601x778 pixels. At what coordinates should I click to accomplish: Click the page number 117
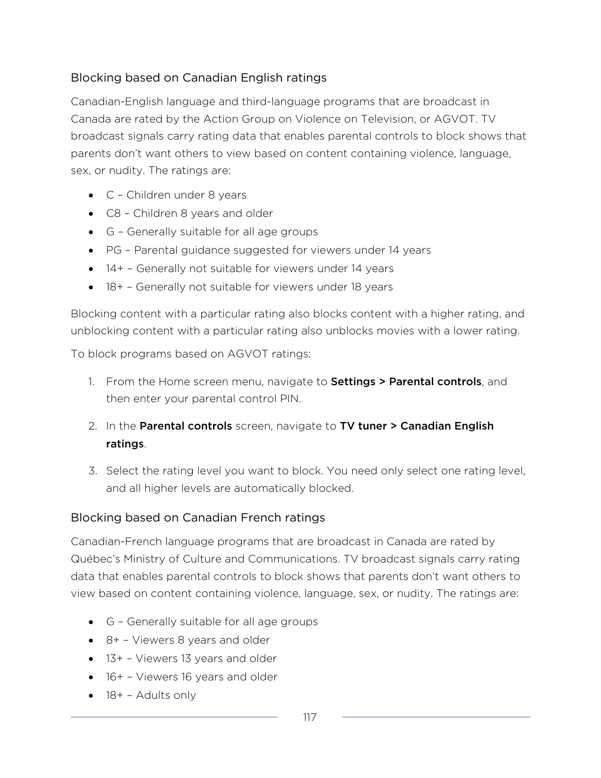[x=309, y=717]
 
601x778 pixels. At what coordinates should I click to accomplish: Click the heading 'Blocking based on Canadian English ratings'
[x=198, y=77]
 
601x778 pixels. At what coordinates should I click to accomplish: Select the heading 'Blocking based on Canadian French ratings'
[x=198, y=517]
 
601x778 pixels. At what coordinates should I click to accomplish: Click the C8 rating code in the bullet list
[x=114, y=213]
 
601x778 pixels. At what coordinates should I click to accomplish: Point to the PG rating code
[x=114, y=250]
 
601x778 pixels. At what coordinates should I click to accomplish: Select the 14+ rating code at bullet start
[x=115, y=268]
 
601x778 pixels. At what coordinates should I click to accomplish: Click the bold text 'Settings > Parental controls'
[x=406, y=381]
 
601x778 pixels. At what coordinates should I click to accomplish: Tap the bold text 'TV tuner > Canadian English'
[x=416, y=426]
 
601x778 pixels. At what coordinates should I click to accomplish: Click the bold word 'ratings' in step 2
[x=124, y=444]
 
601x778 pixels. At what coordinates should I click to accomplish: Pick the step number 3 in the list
[x=92, y=471]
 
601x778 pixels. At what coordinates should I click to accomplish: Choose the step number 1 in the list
[x=91, y=381]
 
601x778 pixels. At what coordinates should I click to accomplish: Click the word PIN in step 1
[x=290, y=398]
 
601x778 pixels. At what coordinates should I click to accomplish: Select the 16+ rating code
[x=115, y=677]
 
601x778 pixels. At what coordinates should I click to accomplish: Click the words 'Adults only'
[x=165, y=695]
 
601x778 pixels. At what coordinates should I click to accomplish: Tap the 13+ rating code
[x=115, y=658]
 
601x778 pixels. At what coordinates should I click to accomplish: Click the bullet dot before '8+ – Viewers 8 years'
[x=91, y=640]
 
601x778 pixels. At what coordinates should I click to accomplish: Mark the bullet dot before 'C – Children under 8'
[x=91, y=195]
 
